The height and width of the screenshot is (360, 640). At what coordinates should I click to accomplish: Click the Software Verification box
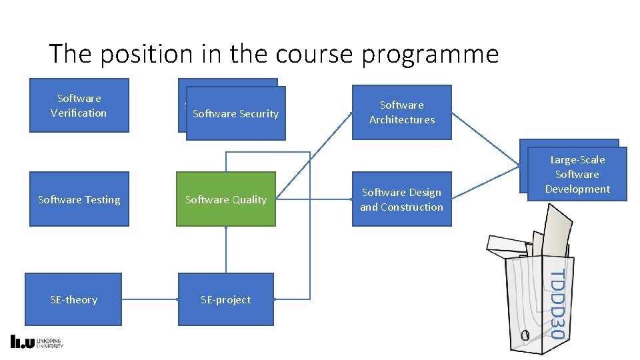[x=79, y=105]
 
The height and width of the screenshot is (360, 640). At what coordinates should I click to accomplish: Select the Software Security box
[x=235, y=113]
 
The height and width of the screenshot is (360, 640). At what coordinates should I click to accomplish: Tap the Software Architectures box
[x=401, y=112]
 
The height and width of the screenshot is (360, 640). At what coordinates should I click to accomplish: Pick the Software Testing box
[x=79, y=199]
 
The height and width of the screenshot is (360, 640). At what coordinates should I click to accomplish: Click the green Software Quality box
[x=225, y=199]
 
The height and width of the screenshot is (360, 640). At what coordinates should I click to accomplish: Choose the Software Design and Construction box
[x=401, y=199]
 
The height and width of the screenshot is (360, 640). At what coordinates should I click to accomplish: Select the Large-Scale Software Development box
[x=577, y=174]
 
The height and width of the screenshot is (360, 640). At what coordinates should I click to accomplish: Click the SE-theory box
[x=73, y=299]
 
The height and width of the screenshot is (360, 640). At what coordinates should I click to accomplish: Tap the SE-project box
[x=225, y=299]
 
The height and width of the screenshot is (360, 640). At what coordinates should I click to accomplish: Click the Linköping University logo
[x=37, y=342]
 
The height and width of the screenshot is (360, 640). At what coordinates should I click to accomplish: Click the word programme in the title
[x=430, y=54]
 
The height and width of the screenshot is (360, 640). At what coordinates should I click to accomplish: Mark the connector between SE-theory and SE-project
[x=150, y=299]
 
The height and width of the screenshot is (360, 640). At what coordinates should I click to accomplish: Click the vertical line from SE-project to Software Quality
[x=226, y=250]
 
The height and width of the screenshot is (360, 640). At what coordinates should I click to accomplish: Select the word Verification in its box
[x=79, y=113]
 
